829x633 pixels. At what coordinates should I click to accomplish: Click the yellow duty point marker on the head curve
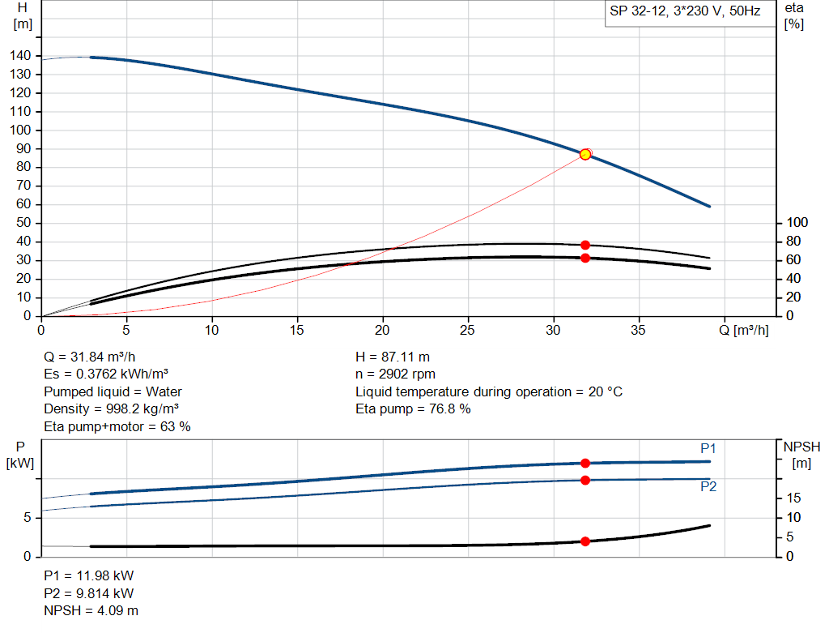click(585, 154)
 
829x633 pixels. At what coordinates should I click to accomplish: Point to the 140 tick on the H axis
click(21, 56)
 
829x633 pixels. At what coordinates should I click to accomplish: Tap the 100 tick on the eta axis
click(797, 223)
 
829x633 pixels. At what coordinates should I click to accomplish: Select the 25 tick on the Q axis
click(468, 330)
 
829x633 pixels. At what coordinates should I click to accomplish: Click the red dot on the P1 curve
click(585, 463)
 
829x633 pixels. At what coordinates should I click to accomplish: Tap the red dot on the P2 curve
click(585, 481)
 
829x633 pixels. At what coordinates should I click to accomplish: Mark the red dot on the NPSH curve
click(585, 541)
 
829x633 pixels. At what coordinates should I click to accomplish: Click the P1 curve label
click(708, 448)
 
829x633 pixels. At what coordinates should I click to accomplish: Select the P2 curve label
click(708, 487)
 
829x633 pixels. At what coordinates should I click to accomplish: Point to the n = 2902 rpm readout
click(395, 374)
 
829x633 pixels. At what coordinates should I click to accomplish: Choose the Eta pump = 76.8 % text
click(413, 409)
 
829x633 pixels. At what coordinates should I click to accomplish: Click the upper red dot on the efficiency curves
click(585, 245)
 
